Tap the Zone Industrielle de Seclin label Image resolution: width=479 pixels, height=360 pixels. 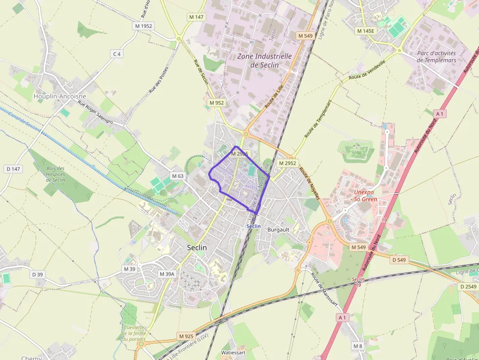[x=264, y=61]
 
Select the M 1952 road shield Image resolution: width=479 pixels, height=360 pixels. [x=144, y=25]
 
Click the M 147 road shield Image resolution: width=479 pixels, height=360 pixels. [x=196, y=17]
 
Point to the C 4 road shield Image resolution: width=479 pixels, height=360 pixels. [x=116, y=54]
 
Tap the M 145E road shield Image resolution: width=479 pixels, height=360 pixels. [x=366, y=31]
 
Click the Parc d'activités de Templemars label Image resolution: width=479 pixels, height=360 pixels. [x=436, y=57]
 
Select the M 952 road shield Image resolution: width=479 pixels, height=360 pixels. [x=216, y=103]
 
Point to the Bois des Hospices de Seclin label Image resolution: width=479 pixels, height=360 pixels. [x=56, y=174]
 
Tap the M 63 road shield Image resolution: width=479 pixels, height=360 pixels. [x=178, y=176]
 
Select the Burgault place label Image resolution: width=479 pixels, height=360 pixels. [x=279, y=229]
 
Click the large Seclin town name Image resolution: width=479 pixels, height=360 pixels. [x=197, y=248]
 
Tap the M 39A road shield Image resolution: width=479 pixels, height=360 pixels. [x=167, y=274]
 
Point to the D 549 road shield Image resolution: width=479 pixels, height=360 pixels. [x=399, y=260]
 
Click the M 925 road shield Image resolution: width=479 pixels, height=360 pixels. [x=186, y=336]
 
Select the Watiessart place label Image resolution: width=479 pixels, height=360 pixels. [x=233, y=352]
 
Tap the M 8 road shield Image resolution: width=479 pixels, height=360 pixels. [x=358, y=346]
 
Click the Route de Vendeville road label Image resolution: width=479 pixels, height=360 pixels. [x=367, y=70]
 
